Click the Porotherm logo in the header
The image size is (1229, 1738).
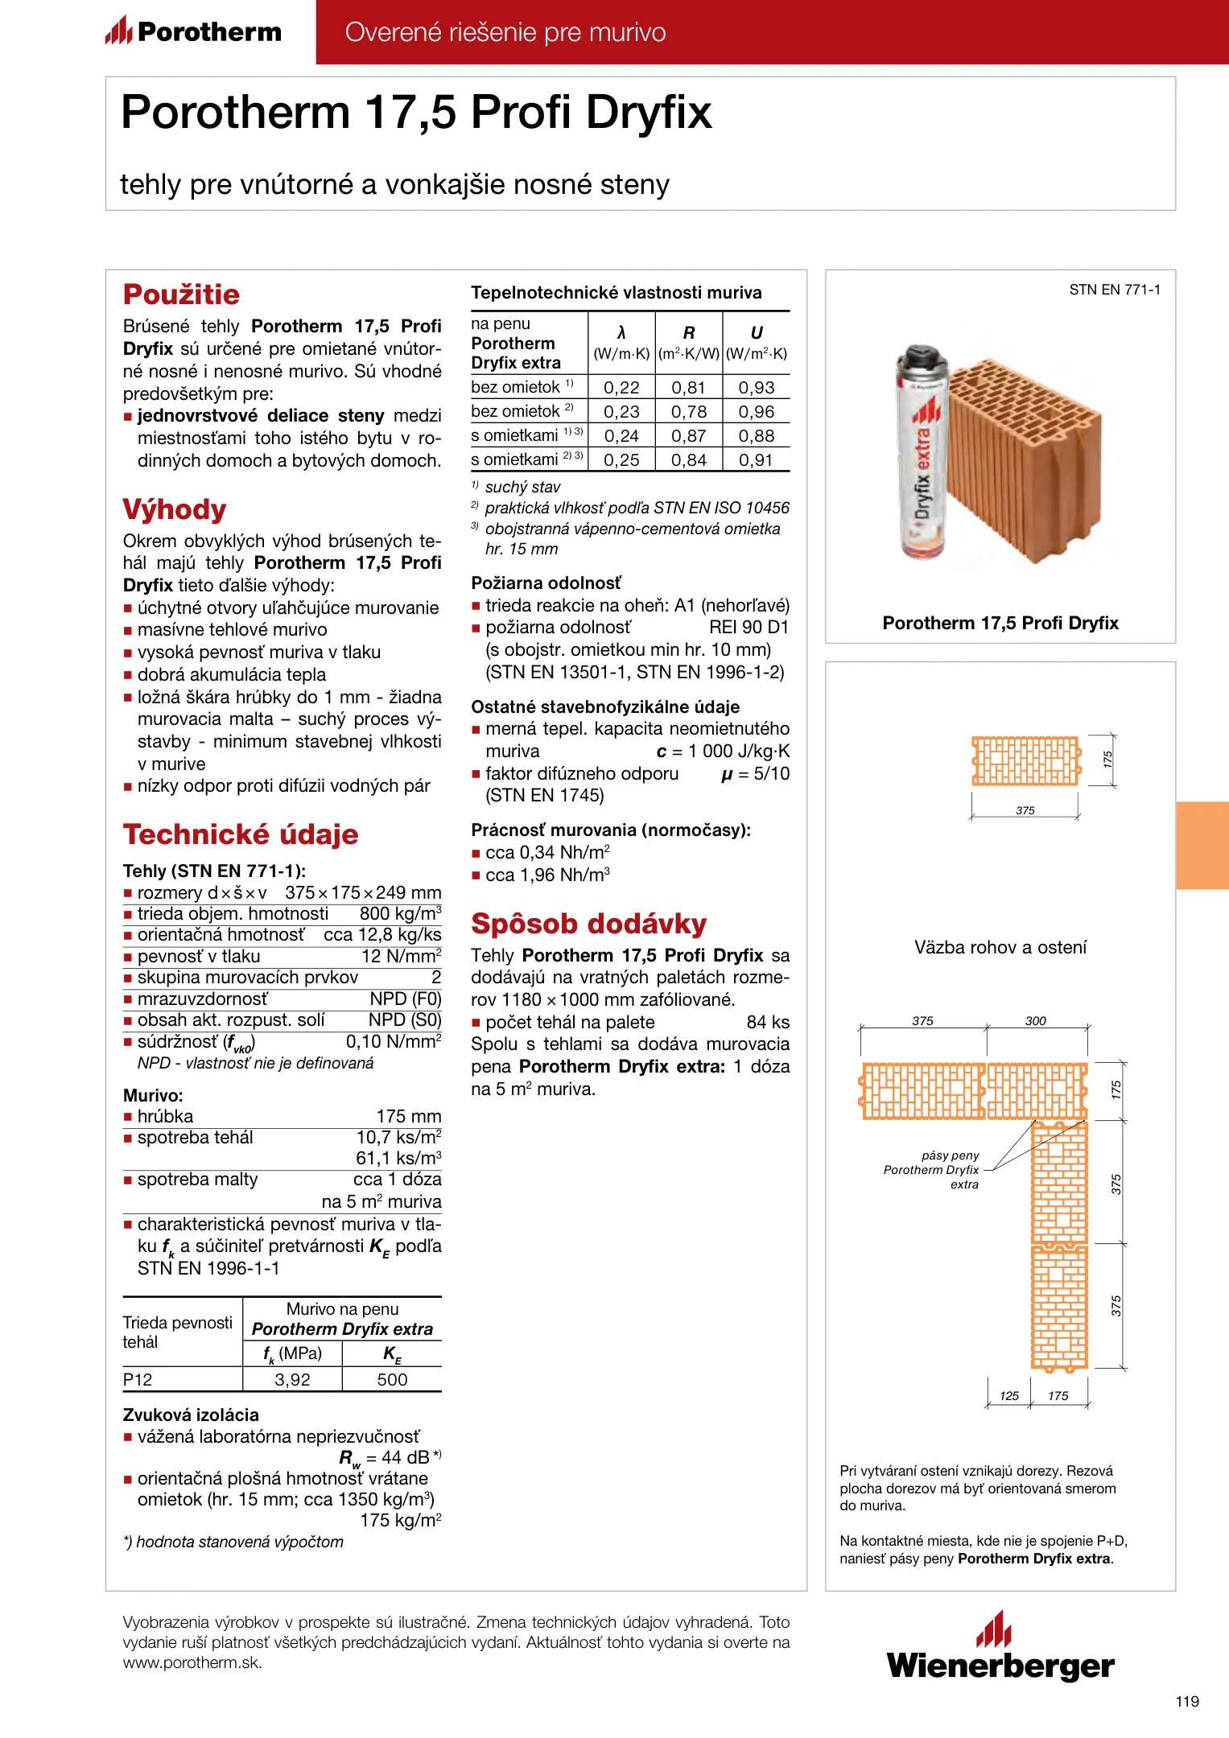pos(193,31)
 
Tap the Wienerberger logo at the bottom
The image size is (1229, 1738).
pos(1000,1648)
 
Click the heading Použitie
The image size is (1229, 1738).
pos(181,294)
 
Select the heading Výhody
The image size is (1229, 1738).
pos(175,509)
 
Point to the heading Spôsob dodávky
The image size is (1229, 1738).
pos(588,924)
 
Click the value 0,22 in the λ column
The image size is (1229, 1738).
pos(621,388)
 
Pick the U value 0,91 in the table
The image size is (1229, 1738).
pos(756,460)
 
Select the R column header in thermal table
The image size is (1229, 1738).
pos(689,333)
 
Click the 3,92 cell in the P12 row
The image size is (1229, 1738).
pos(292,1380)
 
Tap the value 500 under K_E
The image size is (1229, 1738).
pos(392,1380)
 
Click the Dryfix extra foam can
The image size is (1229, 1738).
pos(921,455)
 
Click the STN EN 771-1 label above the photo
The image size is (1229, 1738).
pos(1115,290)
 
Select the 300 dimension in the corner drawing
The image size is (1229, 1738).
pos(1035,1021)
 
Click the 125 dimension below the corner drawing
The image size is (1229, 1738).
pos(1009,1396)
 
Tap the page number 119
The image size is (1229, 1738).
pos(1187,1701)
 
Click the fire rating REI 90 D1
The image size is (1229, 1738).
pos(749,628)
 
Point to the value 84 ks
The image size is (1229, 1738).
pos(768,1023)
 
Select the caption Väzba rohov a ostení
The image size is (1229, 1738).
pos(1000,948)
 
